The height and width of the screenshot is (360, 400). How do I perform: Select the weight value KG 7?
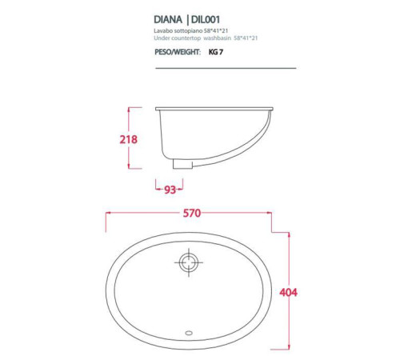(x=216, y=51)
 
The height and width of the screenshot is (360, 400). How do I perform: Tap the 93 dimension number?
(x=170, y=190)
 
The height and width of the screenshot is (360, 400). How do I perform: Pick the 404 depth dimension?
(x=289, y=292)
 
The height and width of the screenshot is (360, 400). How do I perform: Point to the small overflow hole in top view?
(x=189, y=328)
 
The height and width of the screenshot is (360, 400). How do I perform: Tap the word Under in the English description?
(x=162, y=37)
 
